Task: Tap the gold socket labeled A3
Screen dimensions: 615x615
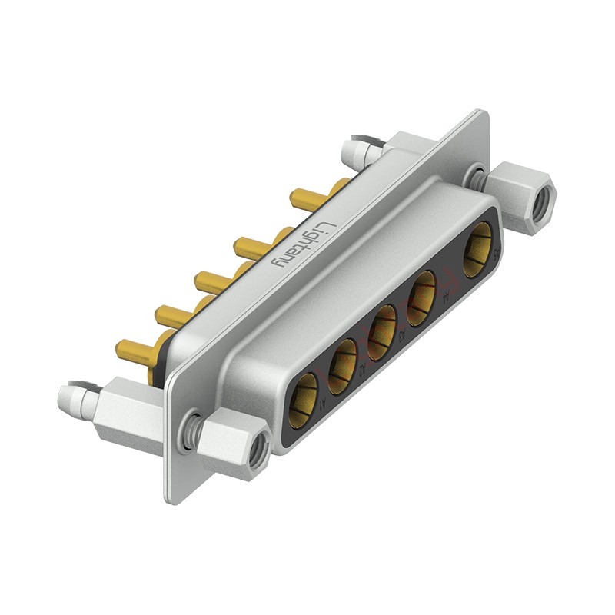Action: point(381,332)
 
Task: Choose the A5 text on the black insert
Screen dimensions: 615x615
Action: point(498,251)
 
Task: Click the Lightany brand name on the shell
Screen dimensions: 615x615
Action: point(304,244)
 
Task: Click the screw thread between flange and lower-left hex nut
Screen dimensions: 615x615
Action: point(191,431)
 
